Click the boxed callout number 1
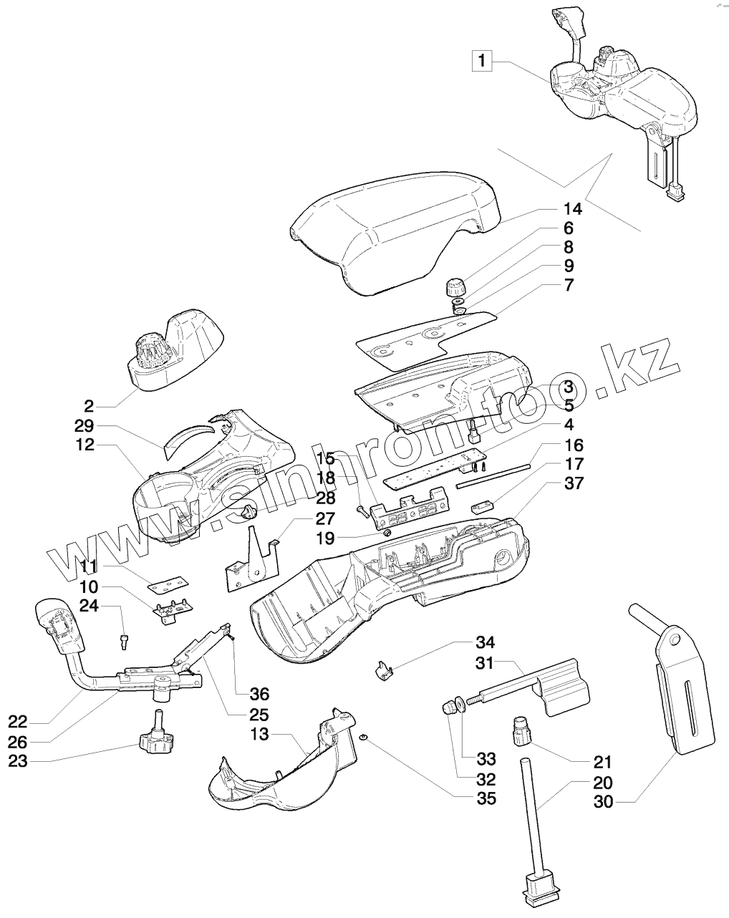click(482, 62)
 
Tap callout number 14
click(572, 209)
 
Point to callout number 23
click(18, 760)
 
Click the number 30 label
click(604, 802)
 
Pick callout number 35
click(486, 798)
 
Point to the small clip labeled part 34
click(384, 671)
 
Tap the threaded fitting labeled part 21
click(521, 731)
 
